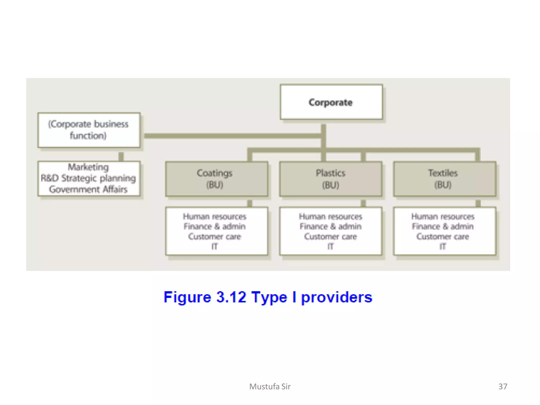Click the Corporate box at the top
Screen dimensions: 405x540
pyautogui.click(x=331, y=102)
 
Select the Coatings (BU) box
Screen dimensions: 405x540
pyautogui.click(x=216, y=179)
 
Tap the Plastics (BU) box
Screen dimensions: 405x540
pyautogui.click(x=330, y=179)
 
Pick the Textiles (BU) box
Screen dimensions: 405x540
pyautogui.click(x=444, y=179)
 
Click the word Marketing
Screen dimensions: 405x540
pyautogui.click(x=88, y=167)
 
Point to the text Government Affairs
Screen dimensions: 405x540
pyautogui.click(x=88, y=189)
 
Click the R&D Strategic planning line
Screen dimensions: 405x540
pyautogui.click(x=88, y=178)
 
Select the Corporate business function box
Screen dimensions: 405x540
pyautogui.click(x=89, y=130)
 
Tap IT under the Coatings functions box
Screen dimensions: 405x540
pyautogui.click(x=214, y=247)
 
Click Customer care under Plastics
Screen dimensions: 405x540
pyautogui.click(x=330, y=237)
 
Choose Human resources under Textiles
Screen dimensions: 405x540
pyautogui.click(x=443, y=216)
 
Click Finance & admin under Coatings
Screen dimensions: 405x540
pyautogui.click(x=214, y=226)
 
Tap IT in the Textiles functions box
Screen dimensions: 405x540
pyautogui.click(x=443, y=247)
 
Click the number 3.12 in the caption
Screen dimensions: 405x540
pyautogui.click(x=231, y=297)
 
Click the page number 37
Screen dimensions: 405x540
pyautogui.click(x=503, y=386)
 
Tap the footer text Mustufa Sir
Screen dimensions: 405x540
pyautogui.click(x=270, y=386)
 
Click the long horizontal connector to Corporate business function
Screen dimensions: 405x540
pyautogui.click(x=232, y=136)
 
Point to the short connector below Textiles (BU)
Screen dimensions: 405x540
pyautogui.click(x=478, y=203)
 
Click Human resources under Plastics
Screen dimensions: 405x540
pyautogui.click(x=330, y=216)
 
